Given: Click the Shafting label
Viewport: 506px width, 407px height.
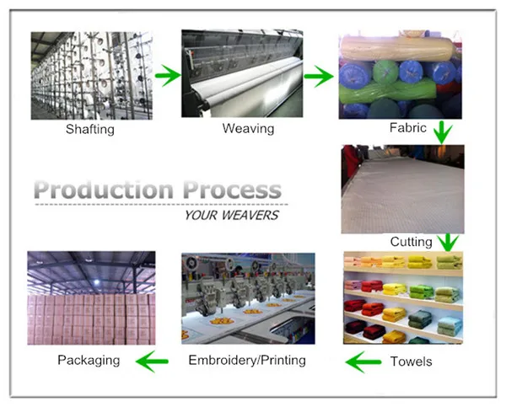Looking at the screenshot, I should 90,130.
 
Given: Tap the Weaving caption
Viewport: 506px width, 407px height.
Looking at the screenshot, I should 248,129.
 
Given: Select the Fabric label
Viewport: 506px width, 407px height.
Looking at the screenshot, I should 408,129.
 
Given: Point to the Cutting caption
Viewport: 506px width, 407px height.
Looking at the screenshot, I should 411,242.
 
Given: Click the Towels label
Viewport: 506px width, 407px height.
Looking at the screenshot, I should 412,361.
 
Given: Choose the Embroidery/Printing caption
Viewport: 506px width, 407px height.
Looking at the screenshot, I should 247,361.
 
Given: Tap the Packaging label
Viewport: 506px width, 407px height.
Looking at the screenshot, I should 89,361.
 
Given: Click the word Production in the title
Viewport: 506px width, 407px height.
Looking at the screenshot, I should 105,190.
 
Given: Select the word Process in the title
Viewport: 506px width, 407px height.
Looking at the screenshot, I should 231,190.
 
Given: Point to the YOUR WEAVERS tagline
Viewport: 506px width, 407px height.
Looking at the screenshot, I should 230,215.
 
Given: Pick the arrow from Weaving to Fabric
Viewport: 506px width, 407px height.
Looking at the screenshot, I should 318,78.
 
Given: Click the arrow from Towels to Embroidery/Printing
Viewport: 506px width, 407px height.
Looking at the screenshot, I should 363,362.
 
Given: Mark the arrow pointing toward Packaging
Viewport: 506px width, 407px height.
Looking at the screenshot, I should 152,362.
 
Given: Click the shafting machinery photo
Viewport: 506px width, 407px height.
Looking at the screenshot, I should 91,75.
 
